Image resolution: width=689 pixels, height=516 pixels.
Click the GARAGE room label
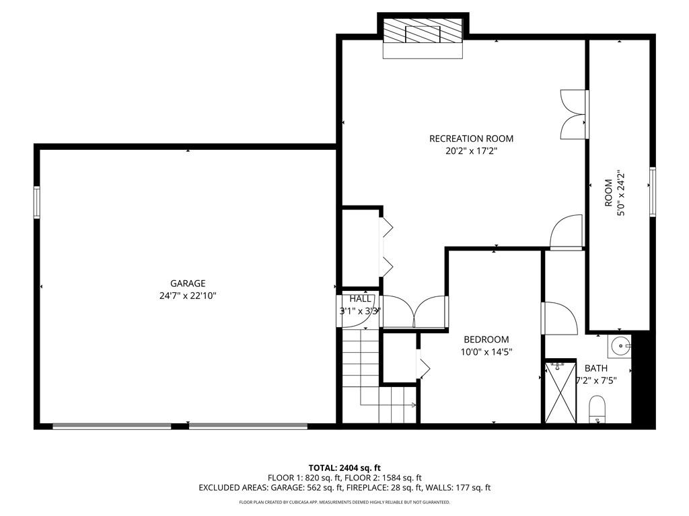pyautogui.click(x=188, y=284)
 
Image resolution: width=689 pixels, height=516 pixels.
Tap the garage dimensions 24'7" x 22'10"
pyautogui.click(x=188, y=296)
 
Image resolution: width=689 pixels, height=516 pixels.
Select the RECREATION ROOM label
pyautogui.click(x=471, y=138)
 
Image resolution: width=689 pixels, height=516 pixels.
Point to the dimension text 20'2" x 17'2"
pyautogui.click(x=471, y=151)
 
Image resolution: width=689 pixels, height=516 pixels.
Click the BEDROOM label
pyautogui.click(x=486, y=339)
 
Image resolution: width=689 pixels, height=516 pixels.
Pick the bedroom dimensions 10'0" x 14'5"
pyautogui.click(x=486, y=351)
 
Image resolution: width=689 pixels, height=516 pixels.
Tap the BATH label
pyautogui.click(x=596, y=369)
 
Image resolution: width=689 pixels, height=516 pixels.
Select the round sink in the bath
pyautogui.click(x=620, y=346)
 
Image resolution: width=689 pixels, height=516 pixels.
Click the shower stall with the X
pyautogui.click(x=560, y=392)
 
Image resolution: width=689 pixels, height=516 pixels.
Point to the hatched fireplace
pyautogui.click(x=423, y=31)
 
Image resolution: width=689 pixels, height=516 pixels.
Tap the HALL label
pyautogui.click(x=361, y=299)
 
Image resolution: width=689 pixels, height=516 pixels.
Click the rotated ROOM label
pyautogui.click(x=608, y=193)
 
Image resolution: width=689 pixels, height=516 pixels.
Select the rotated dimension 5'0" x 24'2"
pyautogui.click(x=621, y=193)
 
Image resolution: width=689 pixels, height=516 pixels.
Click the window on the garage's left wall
pyautogui.click(x=37, y=202)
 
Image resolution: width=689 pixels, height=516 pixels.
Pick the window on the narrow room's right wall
pyautogui.click(x=653, y=191)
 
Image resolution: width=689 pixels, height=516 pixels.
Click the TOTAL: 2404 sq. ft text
pyautogui.click(x=344, y=468)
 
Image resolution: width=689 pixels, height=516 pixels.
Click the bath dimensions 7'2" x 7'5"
pyautogui.click(x=596, y=381)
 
